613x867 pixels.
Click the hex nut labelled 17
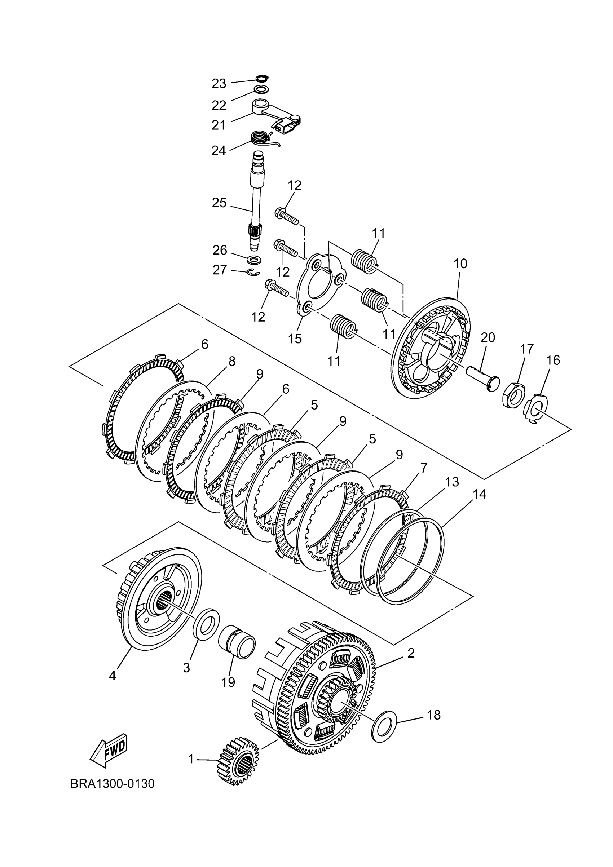click(514, 395)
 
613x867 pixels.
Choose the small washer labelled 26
click(255, 260)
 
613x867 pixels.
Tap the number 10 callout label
click(460, 264)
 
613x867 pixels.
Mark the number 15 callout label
click(295, 339)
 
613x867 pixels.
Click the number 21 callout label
click(218, 125)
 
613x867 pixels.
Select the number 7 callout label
click(423, 469)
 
